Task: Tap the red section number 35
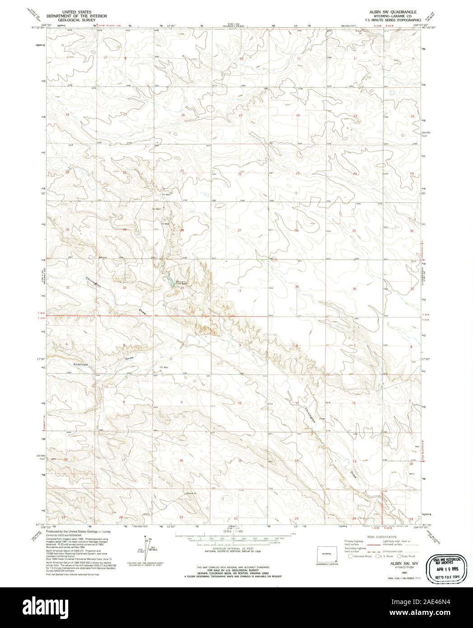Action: (297, 287)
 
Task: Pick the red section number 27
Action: (240, 230)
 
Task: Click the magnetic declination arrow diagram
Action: (146, 548)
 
